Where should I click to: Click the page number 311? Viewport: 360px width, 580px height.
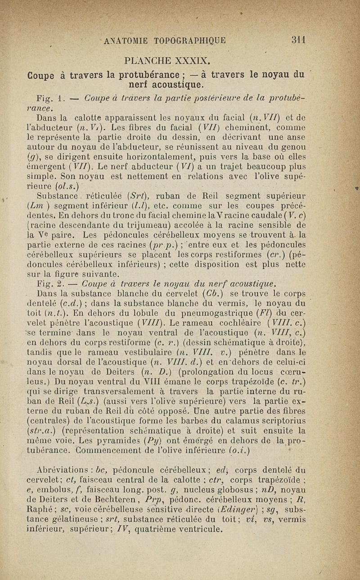point(298,39)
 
